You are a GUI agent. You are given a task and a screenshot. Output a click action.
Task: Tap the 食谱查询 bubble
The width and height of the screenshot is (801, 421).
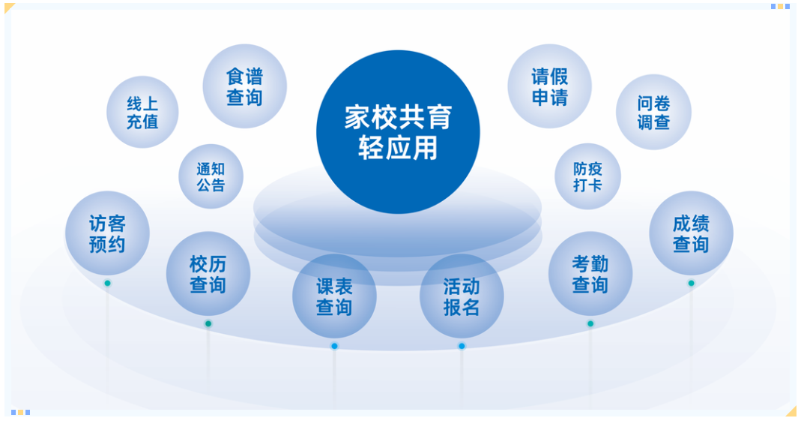tap(245, 86)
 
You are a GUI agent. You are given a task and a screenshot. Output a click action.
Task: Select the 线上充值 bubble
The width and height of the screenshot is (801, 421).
tap(142, 113)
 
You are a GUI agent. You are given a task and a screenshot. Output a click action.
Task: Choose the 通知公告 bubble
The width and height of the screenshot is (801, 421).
tap(211, 176)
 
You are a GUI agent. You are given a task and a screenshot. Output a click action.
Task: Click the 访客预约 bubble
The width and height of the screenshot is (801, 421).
tap(107, 233)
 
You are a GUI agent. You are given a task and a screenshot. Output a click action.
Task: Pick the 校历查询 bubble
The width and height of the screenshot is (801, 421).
tap(208, 274)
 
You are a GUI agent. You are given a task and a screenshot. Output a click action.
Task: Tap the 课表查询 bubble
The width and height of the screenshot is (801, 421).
tap(334, 296)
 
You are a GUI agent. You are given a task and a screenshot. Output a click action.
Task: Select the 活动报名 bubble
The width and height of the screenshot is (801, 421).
tap(462, 296)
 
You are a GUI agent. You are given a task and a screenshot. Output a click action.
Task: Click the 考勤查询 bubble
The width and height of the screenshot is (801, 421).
tap(590, 274)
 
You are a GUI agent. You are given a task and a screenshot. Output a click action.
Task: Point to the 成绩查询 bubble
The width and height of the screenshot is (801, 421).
tap(691, 233)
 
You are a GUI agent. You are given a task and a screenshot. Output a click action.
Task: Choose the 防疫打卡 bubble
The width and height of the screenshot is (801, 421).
tap(587, 176)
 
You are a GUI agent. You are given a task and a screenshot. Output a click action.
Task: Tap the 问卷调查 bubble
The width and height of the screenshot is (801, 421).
tap(653, 113)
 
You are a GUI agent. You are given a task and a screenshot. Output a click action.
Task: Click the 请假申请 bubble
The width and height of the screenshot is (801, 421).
tap(550, 86)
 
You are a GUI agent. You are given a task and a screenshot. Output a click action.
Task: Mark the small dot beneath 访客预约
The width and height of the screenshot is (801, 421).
tap(107, 283)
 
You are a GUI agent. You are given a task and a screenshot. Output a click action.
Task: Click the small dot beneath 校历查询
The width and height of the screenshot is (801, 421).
tap(208, 323)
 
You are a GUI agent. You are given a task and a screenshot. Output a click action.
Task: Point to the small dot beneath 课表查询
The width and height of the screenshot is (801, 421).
tap(334, 346)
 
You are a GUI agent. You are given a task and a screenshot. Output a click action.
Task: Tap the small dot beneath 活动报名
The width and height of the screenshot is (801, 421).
tap(462, 346)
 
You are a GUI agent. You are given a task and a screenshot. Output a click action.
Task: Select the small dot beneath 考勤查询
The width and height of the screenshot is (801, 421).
tap(590, 323)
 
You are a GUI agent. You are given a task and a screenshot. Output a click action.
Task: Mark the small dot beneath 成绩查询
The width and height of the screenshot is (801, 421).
tap(691, 283)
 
